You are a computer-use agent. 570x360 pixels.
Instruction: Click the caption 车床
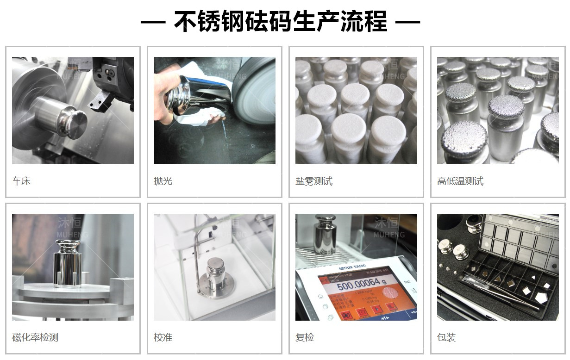(21, 181)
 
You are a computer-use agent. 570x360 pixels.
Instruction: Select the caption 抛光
(163, 181)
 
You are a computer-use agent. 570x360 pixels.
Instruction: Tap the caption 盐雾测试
(314, 181)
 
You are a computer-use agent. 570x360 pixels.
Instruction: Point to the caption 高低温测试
(460, 181)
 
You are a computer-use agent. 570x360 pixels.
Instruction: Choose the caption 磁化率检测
(35, 337)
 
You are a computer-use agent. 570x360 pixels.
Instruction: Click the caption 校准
(163, 337)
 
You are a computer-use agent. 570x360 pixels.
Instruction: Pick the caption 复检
(305, 337)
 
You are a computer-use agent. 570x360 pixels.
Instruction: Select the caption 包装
(446, 337)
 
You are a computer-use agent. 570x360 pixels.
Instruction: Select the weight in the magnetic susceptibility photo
(67, 265)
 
